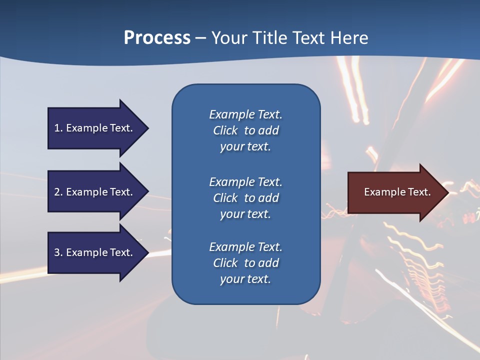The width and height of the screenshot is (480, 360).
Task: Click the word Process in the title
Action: [x=157, y=38]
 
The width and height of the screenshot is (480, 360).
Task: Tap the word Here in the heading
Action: [x=349, y=38]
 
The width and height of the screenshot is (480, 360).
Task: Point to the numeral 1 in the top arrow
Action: [x=57, y=128]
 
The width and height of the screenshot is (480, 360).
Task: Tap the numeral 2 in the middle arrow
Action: [x=57, y=192]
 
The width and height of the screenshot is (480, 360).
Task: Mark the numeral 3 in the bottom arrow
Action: [x=57, y=252]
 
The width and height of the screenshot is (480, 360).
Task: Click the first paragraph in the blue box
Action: [x=245, y=130]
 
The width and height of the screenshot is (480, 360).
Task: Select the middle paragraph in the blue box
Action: [x=245, y=197]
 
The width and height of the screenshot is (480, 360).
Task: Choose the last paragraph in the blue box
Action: [x=245, y=263]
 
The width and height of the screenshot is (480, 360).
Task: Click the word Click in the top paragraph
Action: [x=225, y=130]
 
